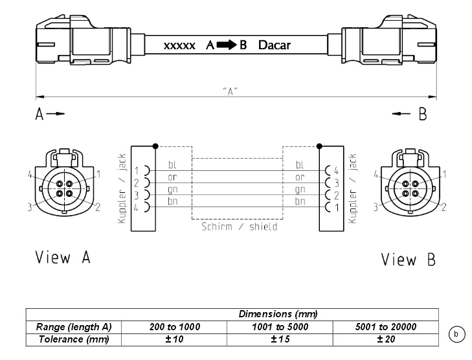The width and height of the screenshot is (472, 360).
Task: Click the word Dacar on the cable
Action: tap(275, 45)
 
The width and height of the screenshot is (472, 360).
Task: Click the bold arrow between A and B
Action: tap(227, 45)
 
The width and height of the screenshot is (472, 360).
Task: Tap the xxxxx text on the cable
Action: tap(179, 46)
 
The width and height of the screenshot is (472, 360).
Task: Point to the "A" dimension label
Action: tap(230, 91)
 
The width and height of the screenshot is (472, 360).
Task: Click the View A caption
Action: tap(63, 257)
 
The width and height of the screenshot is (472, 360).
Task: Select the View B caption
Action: tap(408, 260)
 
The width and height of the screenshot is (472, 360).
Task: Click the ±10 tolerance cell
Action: tap(174, 339)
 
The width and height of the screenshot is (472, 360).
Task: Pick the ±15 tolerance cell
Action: tap(280, 339)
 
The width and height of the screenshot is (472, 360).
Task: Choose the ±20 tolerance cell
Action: tap(386, 339)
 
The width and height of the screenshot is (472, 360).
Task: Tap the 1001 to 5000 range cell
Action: tap(280, 327)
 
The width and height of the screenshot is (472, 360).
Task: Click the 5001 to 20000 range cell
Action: tap(386, 327)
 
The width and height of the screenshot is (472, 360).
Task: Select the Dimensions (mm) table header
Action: tap(278, 314)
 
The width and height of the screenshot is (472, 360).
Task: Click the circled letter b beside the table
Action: tap(456, 334)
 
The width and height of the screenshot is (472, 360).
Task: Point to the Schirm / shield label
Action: tap(240, 227)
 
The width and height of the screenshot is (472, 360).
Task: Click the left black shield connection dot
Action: tap(155, 146)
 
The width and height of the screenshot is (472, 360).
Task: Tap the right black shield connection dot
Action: tap(319, 146)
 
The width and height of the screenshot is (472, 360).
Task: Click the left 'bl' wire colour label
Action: tap(172, 164)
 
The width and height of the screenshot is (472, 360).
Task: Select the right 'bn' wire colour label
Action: tap(300, 201)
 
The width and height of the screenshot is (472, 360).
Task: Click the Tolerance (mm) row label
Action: tap(74, 339)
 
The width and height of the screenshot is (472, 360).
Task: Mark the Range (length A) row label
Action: tap(74, 327)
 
